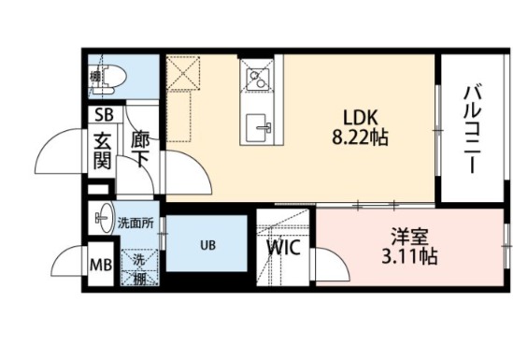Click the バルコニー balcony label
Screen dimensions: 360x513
(471, 128)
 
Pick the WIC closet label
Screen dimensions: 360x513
(281, 249)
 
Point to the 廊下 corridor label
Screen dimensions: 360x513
(140, 150)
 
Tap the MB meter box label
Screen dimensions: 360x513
(99, 265)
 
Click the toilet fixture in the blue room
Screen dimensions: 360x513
(103, 77)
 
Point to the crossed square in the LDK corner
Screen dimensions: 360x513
(183, 72)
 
